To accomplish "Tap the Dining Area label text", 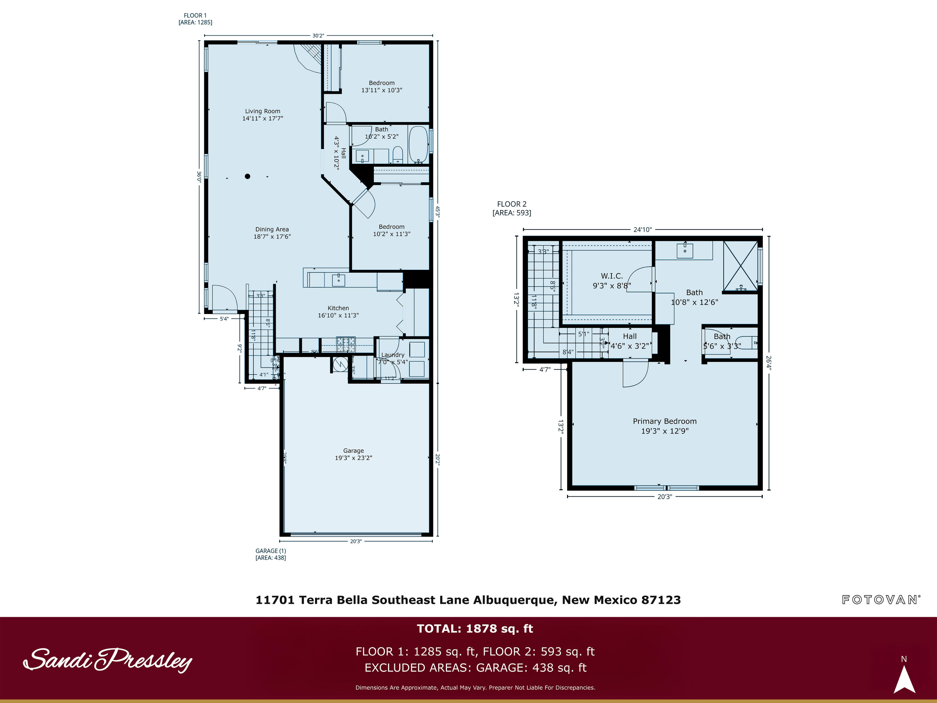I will point(272,233).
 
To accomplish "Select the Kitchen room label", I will point(338,312).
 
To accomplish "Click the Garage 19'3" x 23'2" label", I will point(353,454).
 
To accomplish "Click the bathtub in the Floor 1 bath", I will point(418,144).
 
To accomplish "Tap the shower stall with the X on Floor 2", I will point(740,266).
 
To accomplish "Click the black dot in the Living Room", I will point(247,176).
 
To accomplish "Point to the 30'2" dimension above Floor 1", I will point(318,36).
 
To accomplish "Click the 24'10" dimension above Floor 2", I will point(642,230).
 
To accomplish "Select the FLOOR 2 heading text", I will point(512,204).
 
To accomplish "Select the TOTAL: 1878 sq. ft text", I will point(474,628).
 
